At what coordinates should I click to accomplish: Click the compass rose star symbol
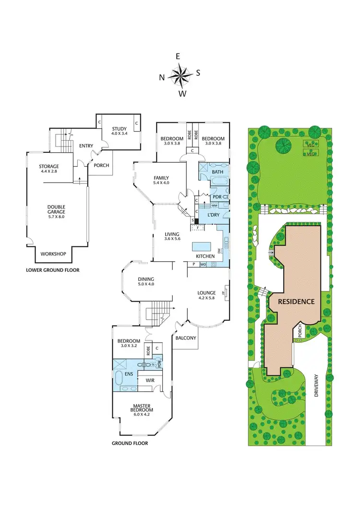[x=180, y=75]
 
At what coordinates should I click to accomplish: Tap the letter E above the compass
[x=178, y=56]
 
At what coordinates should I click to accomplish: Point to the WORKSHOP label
[x=53, y=254]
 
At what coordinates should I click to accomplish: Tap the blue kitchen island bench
[x=203, y=247]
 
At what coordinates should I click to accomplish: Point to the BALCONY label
[x=185, y=338]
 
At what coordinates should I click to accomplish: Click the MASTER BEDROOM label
[x=142, y=408]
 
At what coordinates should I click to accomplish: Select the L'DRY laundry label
[x=213, y=215]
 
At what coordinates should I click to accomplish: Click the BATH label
[x=217, y=171]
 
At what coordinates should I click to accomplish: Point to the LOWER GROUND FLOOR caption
[x=52, y=270]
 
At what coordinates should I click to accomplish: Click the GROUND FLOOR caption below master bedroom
[x=130, y=443]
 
